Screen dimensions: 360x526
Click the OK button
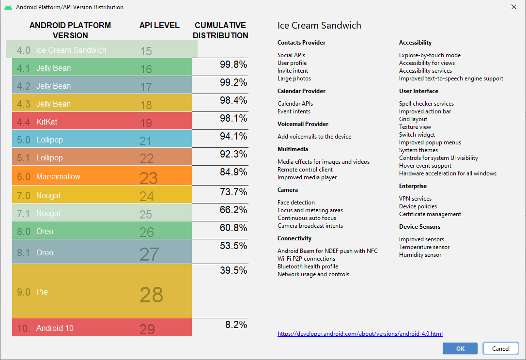click(x=460, y=348)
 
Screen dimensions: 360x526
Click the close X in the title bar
click(x=513, y=7)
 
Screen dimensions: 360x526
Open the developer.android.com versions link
click(x=360, y=334)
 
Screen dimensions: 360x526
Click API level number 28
click(x=151, y=295)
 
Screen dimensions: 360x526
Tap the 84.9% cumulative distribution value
click(x=233, y=172)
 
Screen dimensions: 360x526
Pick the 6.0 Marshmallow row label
click(x=48, y=177)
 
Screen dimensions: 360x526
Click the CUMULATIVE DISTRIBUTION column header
click(x=220, y=30)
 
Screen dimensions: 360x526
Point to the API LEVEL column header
click(x=159, y=25)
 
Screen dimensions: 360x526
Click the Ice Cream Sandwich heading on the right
click(x=319, y=26)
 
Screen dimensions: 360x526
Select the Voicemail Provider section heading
click(x=303, y=124)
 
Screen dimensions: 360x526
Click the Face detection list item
click(x=296, y=203)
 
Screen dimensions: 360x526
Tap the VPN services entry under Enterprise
click(x=415, y=199)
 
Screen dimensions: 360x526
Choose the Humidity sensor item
click(x=420, y=255)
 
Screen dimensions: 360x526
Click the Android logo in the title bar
click(x=8, y=7)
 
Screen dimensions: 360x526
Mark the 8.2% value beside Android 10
click(x=236, y=325)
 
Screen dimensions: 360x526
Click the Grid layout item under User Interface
click(x=413, y=119)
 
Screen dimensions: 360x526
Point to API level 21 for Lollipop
click(x=146, y=141)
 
